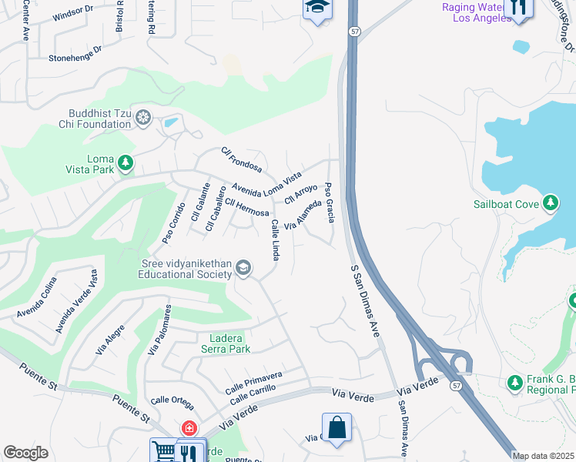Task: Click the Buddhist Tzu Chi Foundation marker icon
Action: tap(142, 118)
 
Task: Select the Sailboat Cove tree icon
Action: tap(550, 203)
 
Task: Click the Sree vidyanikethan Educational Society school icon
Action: tap(243, 268)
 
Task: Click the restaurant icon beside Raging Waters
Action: tap(520, 8)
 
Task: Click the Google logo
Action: tap(25, 453)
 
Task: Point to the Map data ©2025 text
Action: tap(544, 456)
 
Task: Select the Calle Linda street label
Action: tap(275, 239)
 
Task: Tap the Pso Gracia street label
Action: tap(330, 203)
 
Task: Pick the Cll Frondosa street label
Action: tap(241, 159)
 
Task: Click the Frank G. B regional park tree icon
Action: tap(514, 383)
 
